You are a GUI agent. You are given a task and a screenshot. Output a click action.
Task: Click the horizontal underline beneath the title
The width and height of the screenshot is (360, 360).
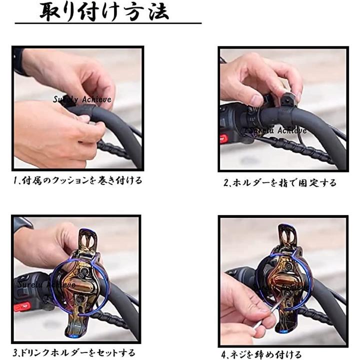(107, 23)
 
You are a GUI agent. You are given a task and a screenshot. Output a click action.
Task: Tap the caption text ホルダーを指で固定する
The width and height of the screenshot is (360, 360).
(280, 182)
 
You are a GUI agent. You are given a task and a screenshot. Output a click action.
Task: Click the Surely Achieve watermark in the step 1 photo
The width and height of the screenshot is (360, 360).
(82, 99)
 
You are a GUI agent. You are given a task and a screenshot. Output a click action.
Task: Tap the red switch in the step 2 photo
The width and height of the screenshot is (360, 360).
(224, 138)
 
